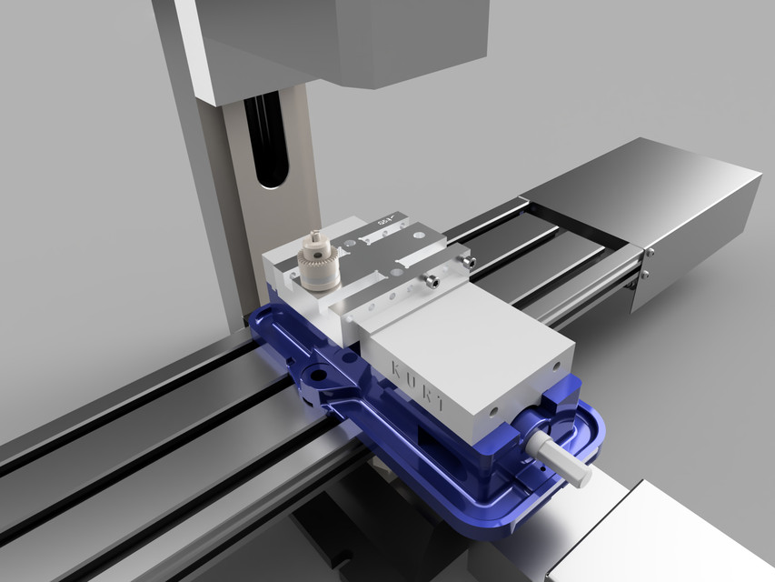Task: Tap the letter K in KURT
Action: click(x=396, y=366)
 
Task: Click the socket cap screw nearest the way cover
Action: click(x=468, y=262)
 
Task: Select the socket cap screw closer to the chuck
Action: click(x=434, y=283)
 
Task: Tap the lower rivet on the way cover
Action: click(x=644, y=273)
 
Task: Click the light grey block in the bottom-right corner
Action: click(x=663, y=537)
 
